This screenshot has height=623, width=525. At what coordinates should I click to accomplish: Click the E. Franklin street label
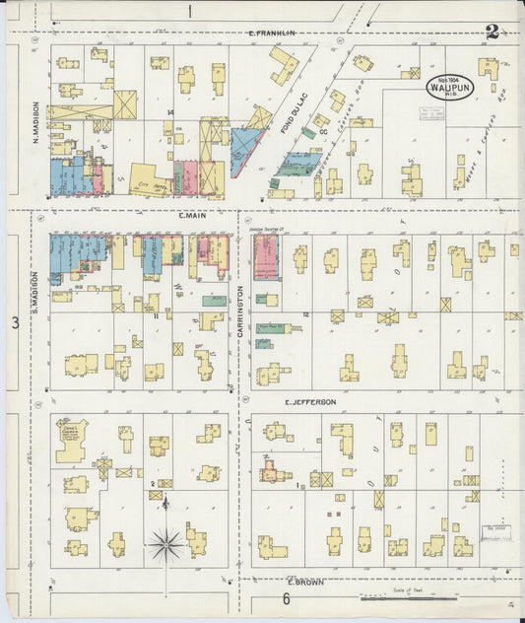[x=272, y=34]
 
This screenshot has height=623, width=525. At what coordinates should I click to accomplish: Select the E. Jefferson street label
[x=311, y=402]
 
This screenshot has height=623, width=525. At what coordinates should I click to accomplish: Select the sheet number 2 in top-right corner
[x=491, y=32]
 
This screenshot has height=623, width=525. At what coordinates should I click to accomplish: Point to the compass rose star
[x=166, y=541]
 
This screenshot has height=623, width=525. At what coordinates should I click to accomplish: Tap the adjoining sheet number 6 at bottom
[x=287, y=598]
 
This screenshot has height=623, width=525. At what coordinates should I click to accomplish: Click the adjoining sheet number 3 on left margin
[x=15, y=322]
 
